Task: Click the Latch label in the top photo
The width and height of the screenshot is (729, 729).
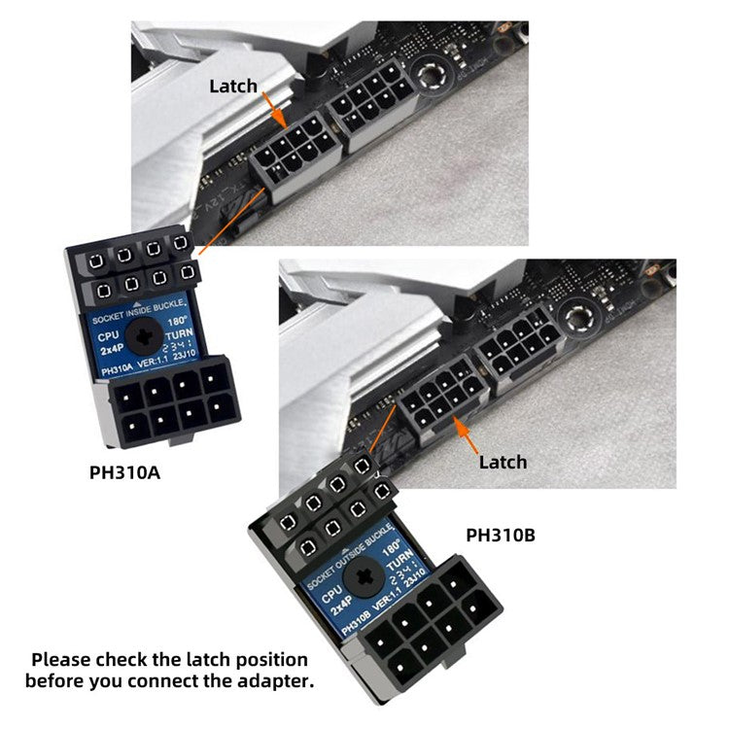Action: [233, 87]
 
